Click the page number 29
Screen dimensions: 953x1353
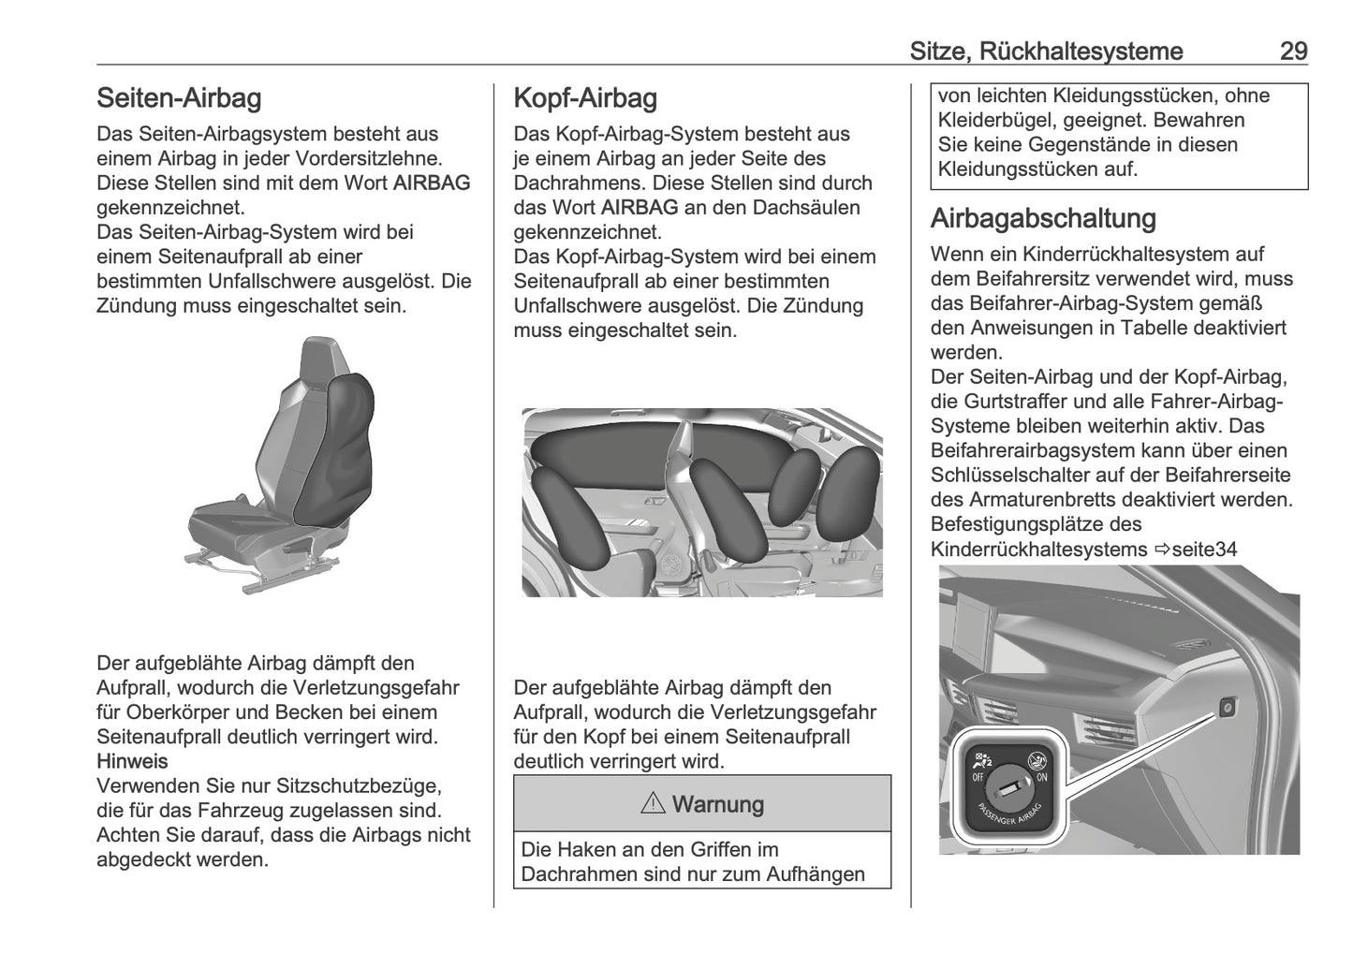point(1293,51)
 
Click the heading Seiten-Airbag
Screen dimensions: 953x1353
point(179,98)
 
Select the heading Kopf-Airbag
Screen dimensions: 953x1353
point(585,98)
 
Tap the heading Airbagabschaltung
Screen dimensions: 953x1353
point(1043,219)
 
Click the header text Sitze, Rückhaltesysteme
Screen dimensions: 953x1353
point(1046,51)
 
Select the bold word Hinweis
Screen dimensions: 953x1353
point(132,760)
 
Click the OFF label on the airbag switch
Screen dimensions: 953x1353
point(977,776)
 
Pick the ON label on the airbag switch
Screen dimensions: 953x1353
point(1042,776)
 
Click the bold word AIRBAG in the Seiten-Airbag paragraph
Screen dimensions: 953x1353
point(432,183)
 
